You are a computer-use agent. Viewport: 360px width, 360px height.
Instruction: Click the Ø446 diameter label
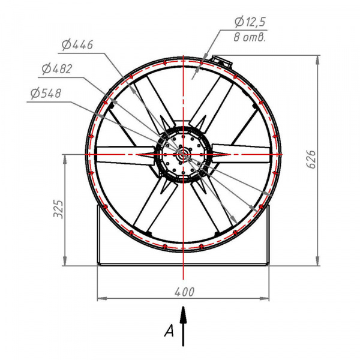tap(77, 45)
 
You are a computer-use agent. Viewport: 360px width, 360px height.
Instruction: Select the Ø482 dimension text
tap(57, 69)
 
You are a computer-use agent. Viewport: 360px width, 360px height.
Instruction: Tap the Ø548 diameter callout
tap(46, 93)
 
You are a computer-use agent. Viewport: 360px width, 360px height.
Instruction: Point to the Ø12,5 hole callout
tap(250, 22)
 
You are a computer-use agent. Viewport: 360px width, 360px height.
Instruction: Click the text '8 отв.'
tap(250, 37)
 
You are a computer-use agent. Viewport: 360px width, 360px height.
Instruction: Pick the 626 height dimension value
tap(311, 160)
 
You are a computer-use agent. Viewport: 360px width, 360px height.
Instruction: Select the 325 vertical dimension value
tap(58, 209)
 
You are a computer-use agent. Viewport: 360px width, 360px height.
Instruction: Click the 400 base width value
tap(185, 292)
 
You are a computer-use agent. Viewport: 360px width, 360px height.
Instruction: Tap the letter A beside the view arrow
tap(169, 331)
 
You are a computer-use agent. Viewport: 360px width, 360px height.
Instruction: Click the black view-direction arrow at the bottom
tap(183, 326)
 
